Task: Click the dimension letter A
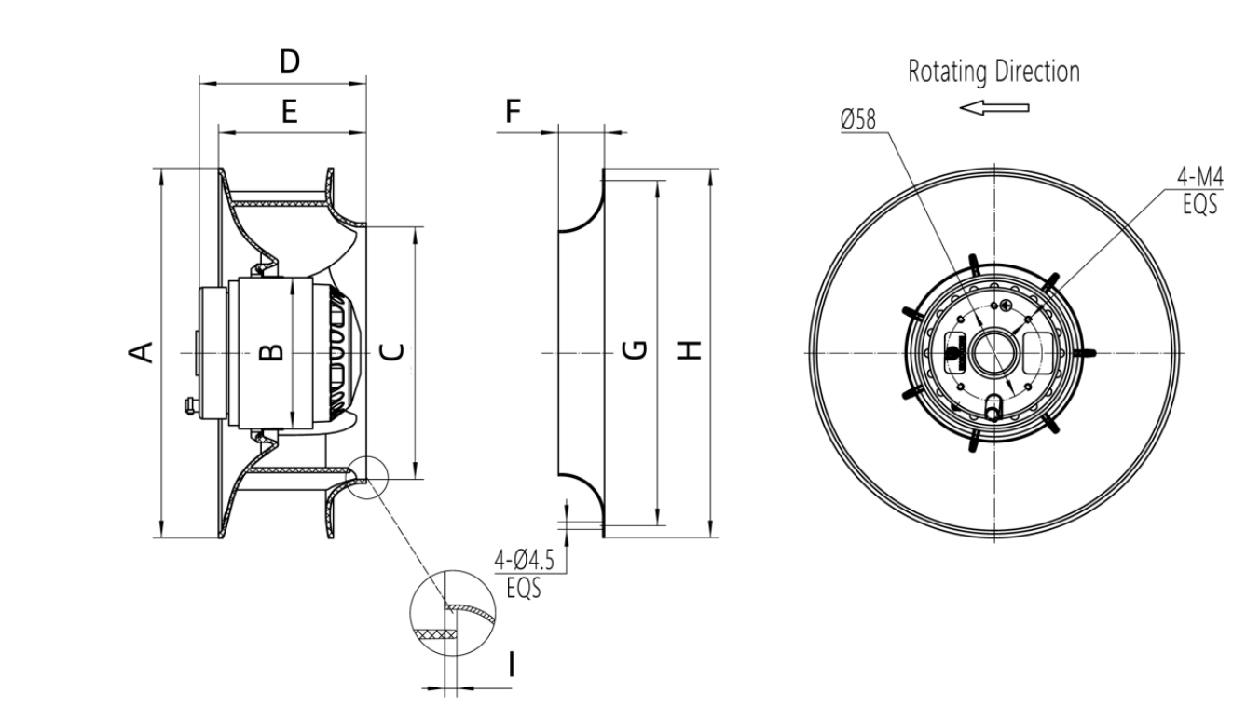141,351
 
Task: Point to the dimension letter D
290,61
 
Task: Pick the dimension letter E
289,113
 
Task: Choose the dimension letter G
633,350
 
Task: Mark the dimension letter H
688,350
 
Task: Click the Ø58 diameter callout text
857,120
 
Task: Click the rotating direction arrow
994,108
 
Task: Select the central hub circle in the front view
993,353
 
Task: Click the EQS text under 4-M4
1200,204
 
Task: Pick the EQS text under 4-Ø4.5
524,589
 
